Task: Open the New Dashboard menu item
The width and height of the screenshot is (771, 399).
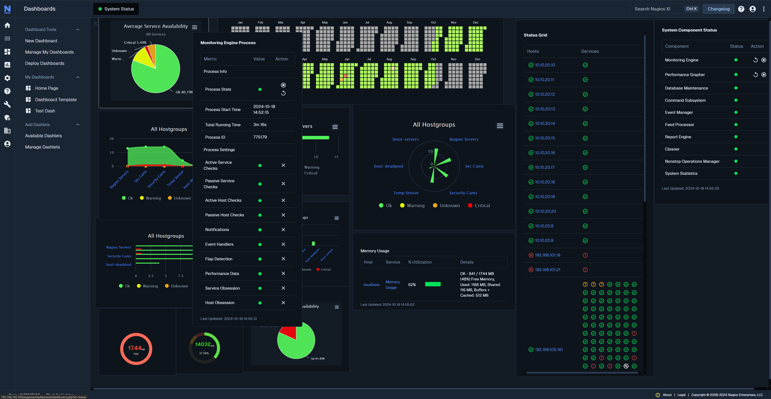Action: [x=41, y=41]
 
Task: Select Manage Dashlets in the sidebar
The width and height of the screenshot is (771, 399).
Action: [x=43, y=147]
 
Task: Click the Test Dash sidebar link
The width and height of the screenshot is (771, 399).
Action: [x=45, y=111]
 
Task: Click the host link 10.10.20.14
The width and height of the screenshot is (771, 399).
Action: [x=545, y=123]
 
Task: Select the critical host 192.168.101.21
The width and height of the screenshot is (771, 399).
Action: [x=547, y=270]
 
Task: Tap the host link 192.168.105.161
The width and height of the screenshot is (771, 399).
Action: [x=549, y=349]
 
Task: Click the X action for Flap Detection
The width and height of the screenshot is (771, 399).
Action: [x=283, y=259]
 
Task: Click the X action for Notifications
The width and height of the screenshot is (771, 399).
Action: [x=283, y=229]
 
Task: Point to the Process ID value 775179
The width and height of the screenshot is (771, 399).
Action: [x=260, y=137]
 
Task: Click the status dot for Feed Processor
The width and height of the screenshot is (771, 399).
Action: [x=736, y=124]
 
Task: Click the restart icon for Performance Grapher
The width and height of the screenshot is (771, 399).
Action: [x=756, y=74]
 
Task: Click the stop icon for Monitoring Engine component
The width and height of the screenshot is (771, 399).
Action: [x=764, y=60]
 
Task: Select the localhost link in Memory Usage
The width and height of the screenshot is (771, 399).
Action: [x=371, y=284]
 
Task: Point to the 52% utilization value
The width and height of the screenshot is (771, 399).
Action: [x=412, y=284]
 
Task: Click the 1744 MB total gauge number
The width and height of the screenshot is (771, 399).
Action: [x=135, y=348]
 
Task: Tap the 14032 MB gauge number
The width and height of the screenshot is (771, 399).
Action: [x=203, y=344]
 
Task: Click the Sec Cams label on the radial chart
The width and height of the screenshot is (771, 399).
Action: [x=474, y=166]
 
